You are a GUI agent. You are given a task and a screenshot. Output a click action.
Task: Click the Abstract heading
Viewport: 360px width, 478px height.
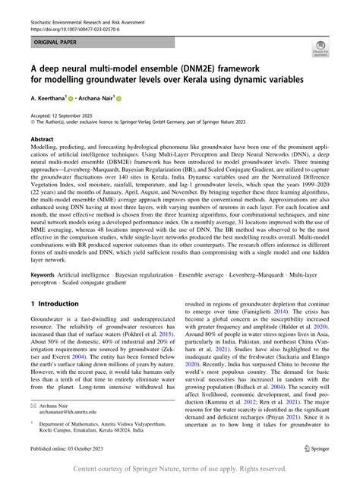[x=42, y=140]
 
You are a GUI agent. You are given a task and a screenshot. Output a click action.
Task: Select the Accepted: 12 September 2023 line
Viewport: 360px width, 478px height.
[x=68, y=114]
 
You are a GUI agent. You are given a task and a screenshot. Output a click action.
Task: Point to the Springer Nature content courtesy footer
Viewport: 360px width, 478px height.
[x=180, y=469]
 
